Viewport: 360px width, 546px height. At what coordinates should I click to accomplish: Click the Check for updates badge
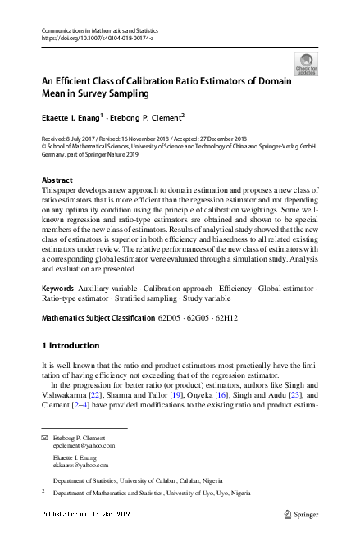(x=305, y=64)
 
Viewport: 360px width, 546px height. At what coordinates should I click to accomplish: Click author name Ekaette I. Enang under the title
(x=71, y=117)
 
